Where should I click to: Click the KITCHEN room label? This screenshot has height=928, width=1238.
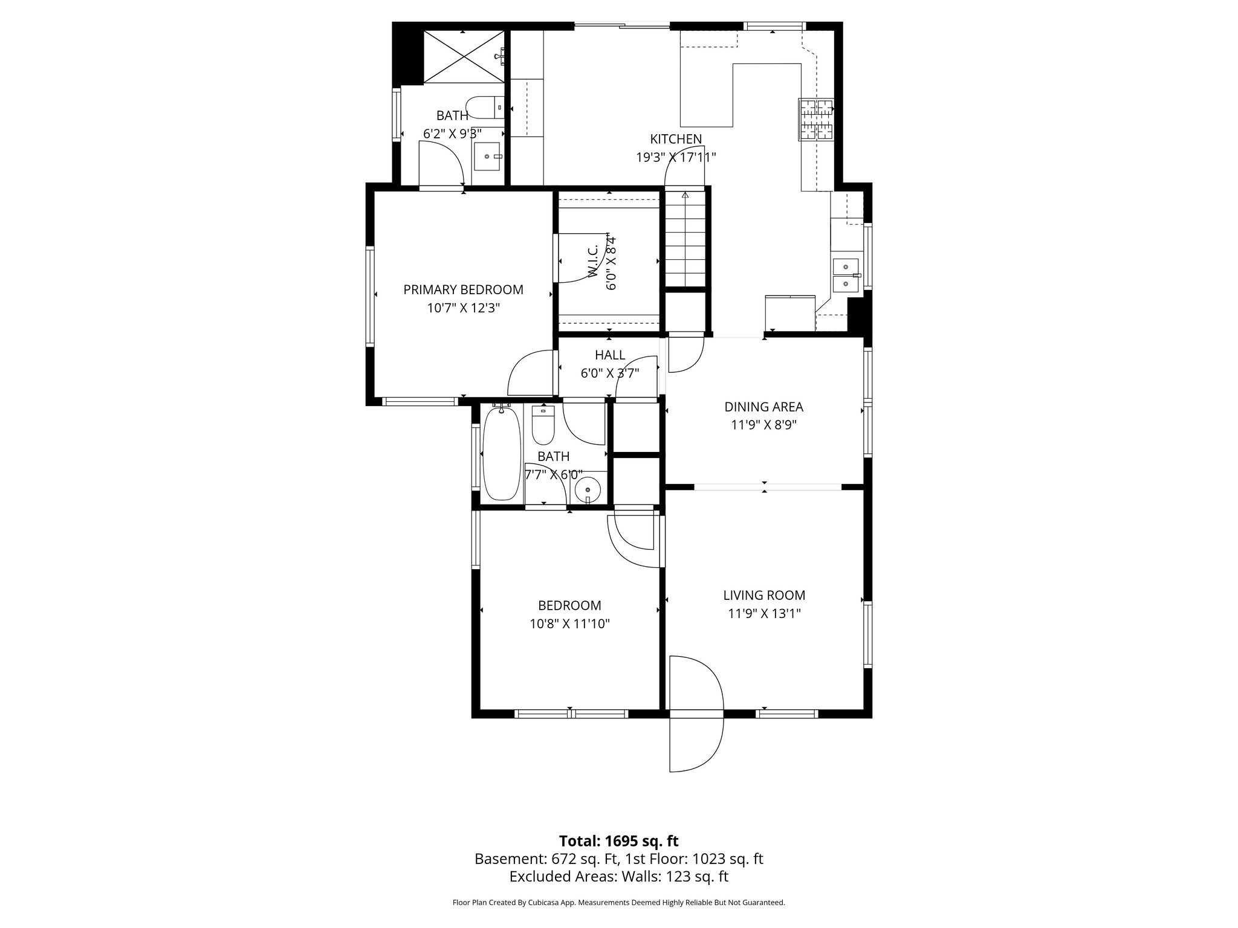[x=676, y=139]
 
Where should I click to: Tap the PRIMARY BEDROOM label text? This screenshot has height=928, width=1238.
[x=463, y=289]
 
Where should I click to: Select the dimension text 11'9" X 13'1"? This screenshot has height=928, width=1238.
[x=764, y=614]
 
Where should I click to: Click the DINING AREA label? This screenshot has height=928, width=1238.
[x=763, y=407]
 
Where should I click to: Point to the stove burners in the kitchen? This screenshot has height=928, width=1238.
[x=816, y=119]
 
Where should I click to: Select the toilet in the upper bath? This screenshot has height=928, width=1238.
[x=485, y=108]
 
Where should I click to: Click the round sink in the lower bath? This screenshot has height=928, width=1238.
[x=587, y=488]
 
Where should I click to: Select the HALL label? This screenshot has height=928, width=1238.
[x=609, y=355]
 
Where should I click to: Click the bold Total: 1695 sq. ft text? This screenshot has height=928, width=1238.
[x=618, y=841]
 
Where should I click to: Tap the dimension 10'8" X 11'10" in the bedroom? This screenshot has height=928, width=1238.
[x=569, y=624]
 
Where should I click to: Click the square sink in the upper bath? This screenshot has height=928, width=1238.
[x=487, y=156]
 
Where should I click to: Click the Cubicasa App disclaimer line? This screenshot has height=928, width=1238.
[x=618, y=903]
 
